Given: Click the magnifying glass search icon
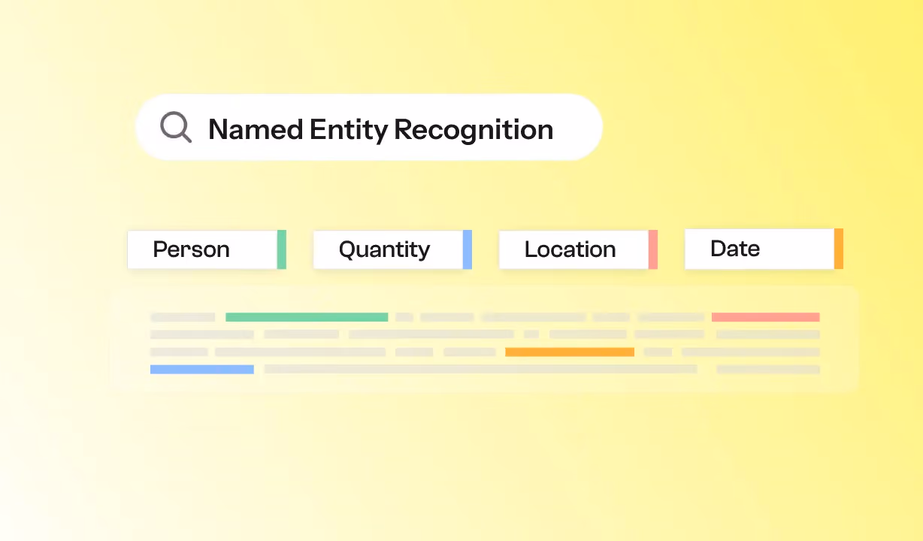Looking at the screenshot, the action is coord(176,127).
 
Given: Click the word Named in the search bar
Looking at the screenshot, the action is coord(256,129).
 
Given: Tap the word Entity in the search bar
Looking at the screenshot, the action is coord(349,130).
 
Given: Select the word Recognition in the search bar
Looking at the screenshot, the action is coord(474,130).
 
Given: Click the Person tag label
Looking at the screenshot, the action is coord(191,249).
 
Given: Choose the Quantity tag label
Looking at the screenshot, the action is coord(384,249).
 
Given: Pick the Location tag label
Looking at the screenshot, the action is coord(570,249).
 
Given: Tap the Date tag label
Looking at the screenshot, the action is coord(735,249).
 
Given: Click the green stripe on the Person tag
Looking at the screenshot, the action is coord(282,249).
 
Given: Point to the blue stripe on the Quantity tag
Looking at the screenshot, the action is coord(468,249).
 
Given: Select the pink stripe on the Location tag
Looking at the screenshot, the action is coord(653,249).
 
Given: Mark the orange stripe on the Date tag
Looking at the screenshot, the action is coord(839,249).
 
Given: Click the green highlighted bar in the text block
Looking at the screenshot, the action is coord(307,317).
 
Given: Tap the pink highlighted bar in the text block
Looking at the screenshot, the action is coord(766,317).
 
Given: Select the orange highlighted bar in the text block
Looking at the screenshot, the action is coord(570,352).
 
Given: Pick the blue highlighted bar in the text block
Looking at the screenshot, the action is coord(202,370).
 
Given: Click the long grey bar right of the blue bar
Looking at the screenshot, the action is coord(481,369).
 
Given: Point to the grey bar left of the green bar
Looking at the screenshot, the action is coord(183,317).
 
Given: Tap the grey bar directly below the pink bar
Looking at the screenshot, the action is coord(768,334).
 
